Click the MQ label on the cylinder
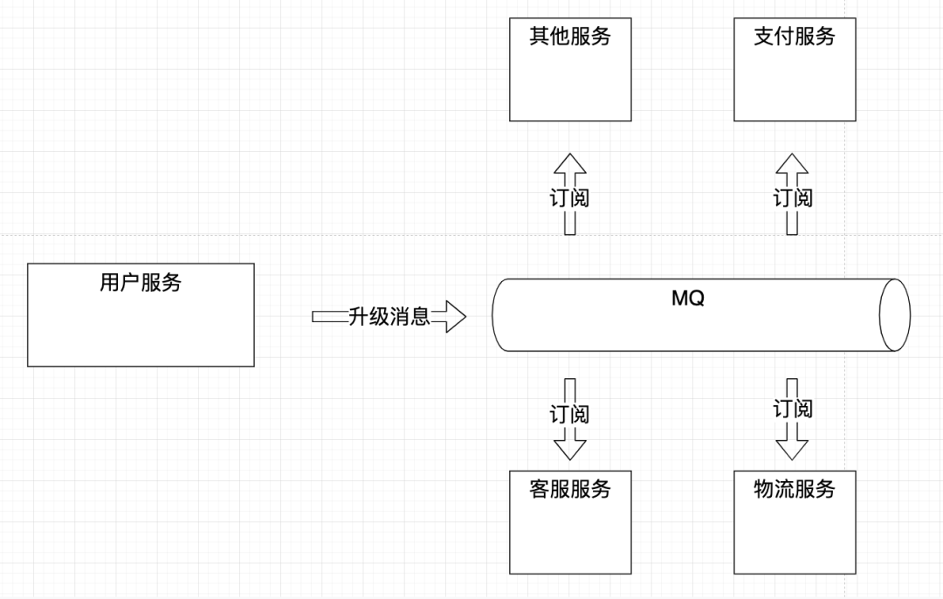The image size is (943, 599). (688, 299)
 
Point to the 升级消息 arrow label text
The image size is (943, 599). (389, 316)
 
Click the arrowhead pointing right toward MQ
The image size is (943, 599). (451, 316)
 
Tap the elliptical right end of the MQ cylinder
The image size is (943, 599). (894, 315)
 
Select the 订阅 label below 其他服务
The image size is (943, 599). (569, 198)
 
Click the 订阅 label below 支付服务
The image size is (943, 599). (793, 198)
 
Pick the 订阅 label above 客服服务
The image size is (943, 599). (569, 414)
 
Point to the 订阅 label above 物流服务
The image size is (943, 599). (793, 408)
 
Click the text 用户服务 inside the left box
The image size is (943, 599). (141, 283)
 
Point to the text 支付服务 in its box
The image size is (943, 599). (795, 36)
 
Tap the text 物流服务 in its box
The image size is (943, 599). (795, 489)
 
